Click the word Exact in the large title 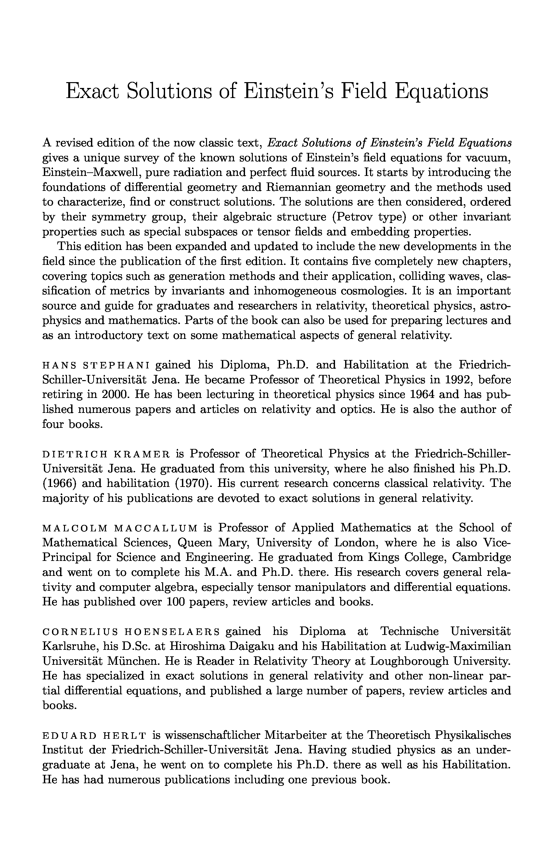[92, 91]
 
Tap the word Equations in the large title [442, 92]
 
